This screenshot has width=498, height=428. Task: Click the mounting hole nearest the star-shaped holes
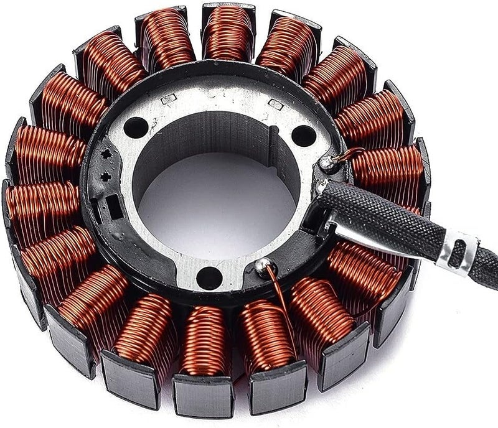(136, 127)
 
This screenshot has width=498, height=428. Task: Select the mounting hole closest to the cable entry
(303, 135)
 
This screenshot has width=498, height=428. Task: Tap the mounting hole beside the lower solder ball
(209, 277)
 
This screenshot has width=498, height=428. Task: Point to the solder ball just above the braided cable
(326, 163)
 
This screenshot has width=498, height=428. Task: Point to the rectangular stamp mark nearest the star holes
(169, 98)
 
